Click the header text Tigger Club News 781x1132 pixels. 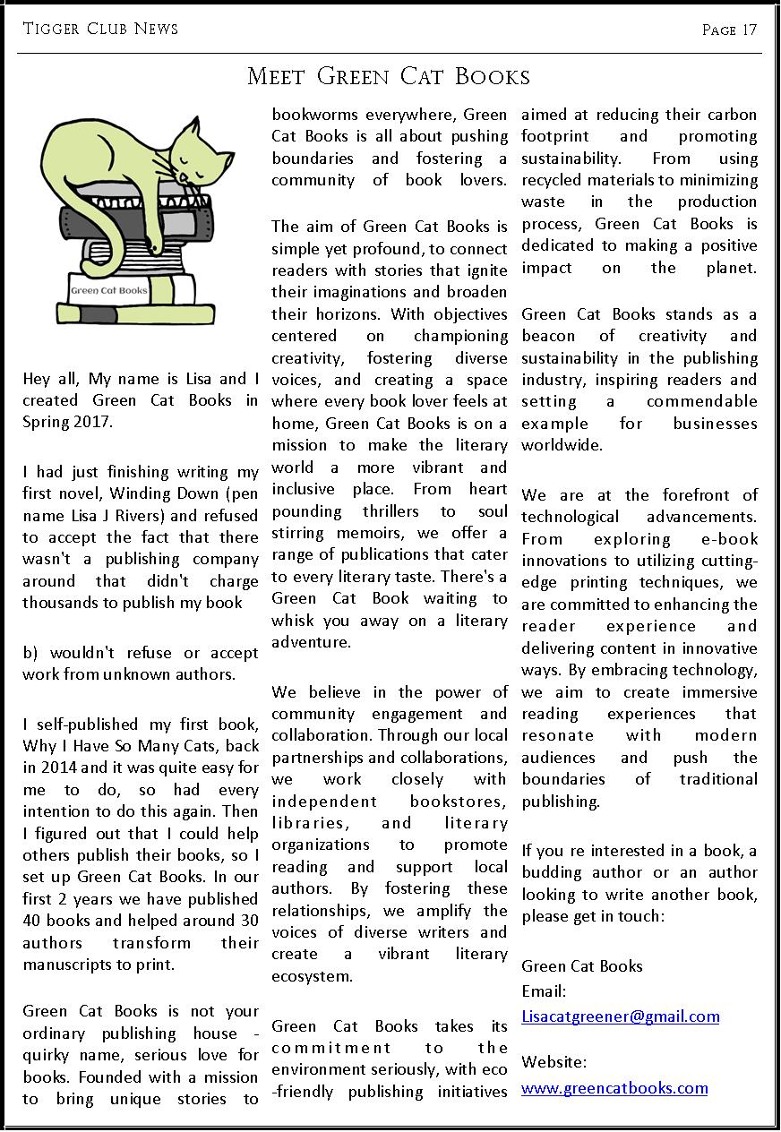100,30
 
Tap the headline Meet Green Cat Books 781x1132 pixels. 389,77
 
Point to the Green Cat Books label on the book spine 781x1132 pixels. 109,290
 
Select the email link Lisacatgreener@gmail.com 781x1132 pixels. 620,1016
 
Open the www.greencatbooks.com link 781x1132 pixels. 614,1089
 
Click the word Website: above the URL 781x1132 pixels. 554,1063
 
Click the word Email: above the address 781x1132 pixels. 544,991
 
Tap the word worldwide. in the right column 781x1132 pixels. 562,444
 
